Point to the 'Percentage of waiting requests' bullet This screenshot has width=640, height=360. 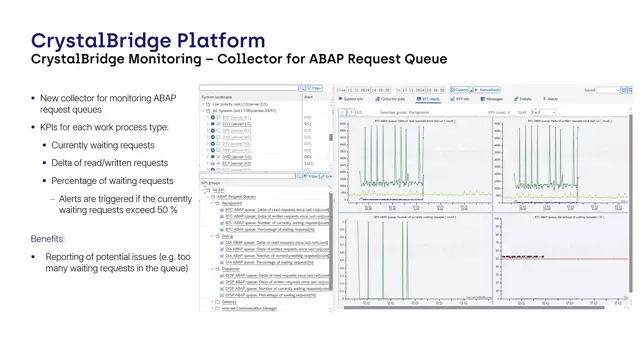click(x=112, y=181)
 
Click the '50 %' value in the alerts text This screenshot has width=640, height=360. click(x=165, y=209)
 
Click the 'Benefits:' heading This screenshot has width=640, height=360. click(x=48, y=240)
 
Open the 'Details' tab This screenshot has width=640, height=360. click(x=524, y=99)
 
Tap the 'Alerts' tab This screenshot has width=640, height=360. click(x=551, y=99)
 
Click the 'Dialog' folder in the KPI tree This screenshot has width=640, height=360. click(x=231, y=235)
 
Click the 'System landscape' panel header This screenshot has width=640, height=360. click(x=222, y=97)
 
